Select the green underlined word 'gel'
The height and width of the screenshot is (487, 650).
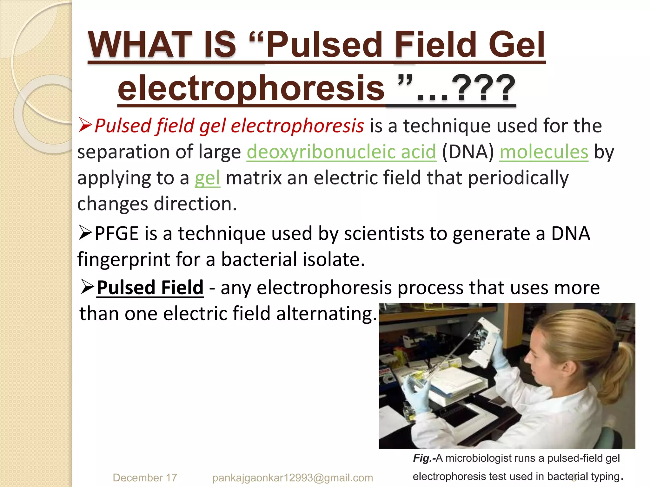coord(207,178)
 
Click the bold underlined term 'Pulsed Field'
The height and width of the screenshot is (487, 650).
coord(150,288)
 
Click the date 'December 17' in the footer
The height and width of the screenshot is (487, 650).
coord(145,477)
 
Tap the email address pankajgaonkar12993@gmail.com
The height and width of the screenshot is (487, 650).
coord(292,477)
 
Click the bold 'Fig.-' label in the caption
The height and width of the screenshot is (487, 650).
coord(424,458)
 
